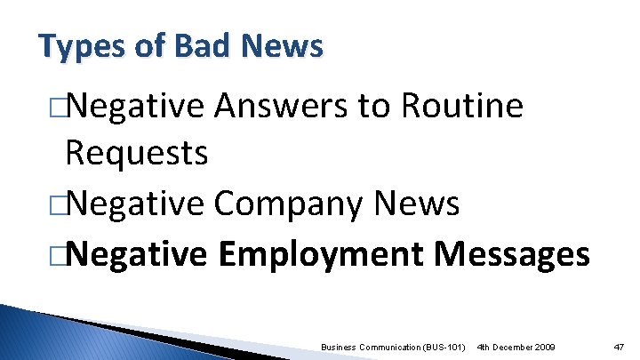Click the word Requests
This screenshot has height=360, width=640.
(137, 154)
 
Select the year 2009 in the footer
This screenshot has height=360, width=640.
(542, 345)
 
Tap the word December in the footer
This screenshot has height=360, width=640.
(510, 345)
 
